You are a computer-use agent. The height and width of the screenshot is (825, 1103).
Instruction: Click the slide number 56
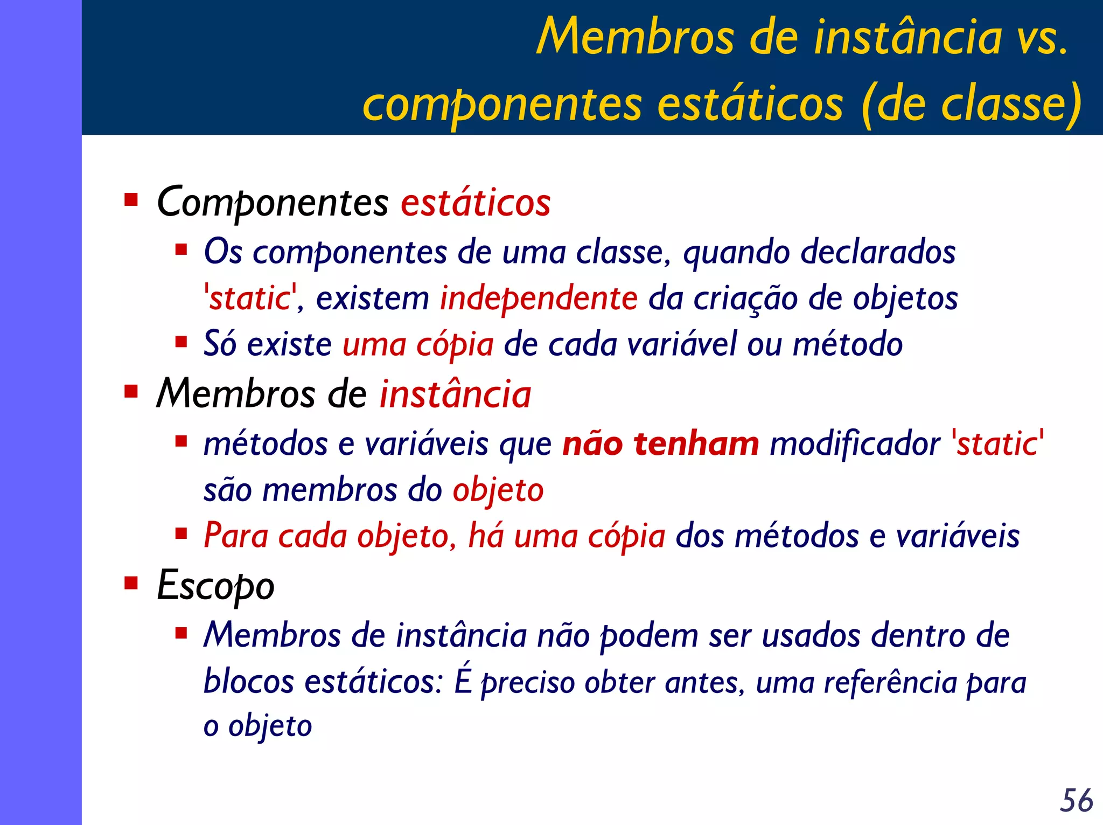(1076, 800)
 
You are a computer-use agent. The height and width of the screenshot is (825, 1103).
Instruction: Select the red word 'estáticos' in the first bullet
(476, 203)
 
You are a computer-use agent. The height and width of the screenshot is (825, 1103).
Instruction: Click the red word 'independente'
(539, 299)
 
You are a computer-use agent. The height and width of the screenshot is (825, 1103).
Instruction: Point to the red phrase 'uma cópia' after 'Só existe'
(418, 345)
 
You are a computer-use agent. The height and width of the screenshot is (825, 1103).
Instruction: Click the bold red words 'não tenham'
(661, 444)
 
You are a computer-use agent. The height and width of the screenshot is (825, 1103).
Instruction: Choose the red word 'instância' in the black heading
(456, 394)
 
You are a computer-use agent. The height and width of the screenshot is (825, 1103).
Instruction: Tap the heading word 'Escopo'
(215, 586)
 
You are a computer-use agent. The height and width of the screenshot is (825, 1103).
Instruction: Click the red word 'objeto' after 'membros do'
(498, 490)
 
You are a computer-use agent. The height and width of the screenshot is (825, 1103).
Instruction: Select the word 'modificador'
(855, 444)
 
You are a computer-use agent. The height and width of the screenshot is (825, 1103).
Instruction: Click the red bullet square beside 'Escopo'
(131, 583)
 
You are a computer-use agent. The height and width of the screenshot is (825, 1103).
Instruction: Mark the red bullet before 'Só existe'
(181, 342)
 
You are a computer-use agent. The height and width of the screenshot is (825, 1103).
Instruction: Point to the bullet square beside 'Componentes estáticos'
(131, 200)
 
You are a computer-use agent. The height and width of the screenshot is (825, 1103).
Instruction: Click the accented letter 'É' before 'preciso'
(463, 680)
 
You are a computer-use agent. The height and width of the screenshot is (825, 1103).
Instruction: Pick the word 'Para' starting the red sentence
(235, 536)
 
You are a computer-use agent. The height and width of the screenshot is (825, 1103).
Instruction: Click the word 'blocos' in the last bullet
(248, 682)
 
